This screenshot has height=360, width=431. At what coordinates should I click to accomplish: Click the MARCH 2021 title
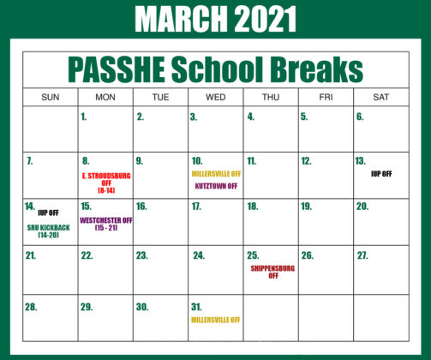click(x=215, y=19)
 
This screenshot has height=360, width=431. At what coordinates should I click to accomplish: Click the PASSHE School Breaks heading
click(x=215, y=69)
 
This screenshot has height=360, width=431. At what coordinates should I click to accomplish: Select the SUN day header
click(x=51, y=97)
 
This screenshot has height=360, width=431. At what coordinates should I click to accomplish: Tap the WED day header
click(x=216, y=97)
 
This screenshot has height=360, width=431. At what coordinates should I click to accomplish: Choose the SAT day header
click(x=380, y=97)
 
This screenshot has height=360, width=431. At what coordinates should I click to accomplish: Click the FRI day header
click(x=326, y=97)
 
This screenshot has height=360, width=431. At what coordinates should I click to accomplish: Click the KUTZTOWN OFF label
click(x=216, y=185)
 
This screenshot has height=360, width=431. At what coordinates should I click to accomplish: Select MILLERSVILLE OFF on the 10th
click(x=216, y=173)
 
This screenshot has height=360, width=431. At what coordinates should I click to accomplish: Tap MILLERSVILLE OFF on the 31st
click(x=216, y=320)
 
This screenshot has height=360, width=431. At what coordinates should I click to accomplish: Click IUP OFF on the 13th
click(x=381, y=173)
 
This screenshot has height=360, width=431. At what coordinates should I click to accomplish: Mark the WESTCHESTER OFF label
click(x=106, y=223)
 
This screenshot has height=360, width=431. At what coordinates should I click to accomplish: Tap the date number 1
click(x=84, y=117)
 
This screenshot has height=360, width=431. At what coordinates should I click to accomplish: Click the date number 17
click(x=196, y=207)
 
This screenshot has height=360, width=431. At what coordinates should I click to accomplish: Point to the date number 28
click(x=32, y=306)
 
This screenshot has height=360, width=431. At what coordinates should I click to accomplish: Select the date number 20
click(x=362, y=207)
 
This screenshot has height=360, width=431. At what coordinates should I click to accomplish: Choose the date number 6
click(x=360, y=117)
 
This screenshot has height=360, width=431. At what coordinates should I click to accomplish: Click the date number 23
click(x=141, y=255)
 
